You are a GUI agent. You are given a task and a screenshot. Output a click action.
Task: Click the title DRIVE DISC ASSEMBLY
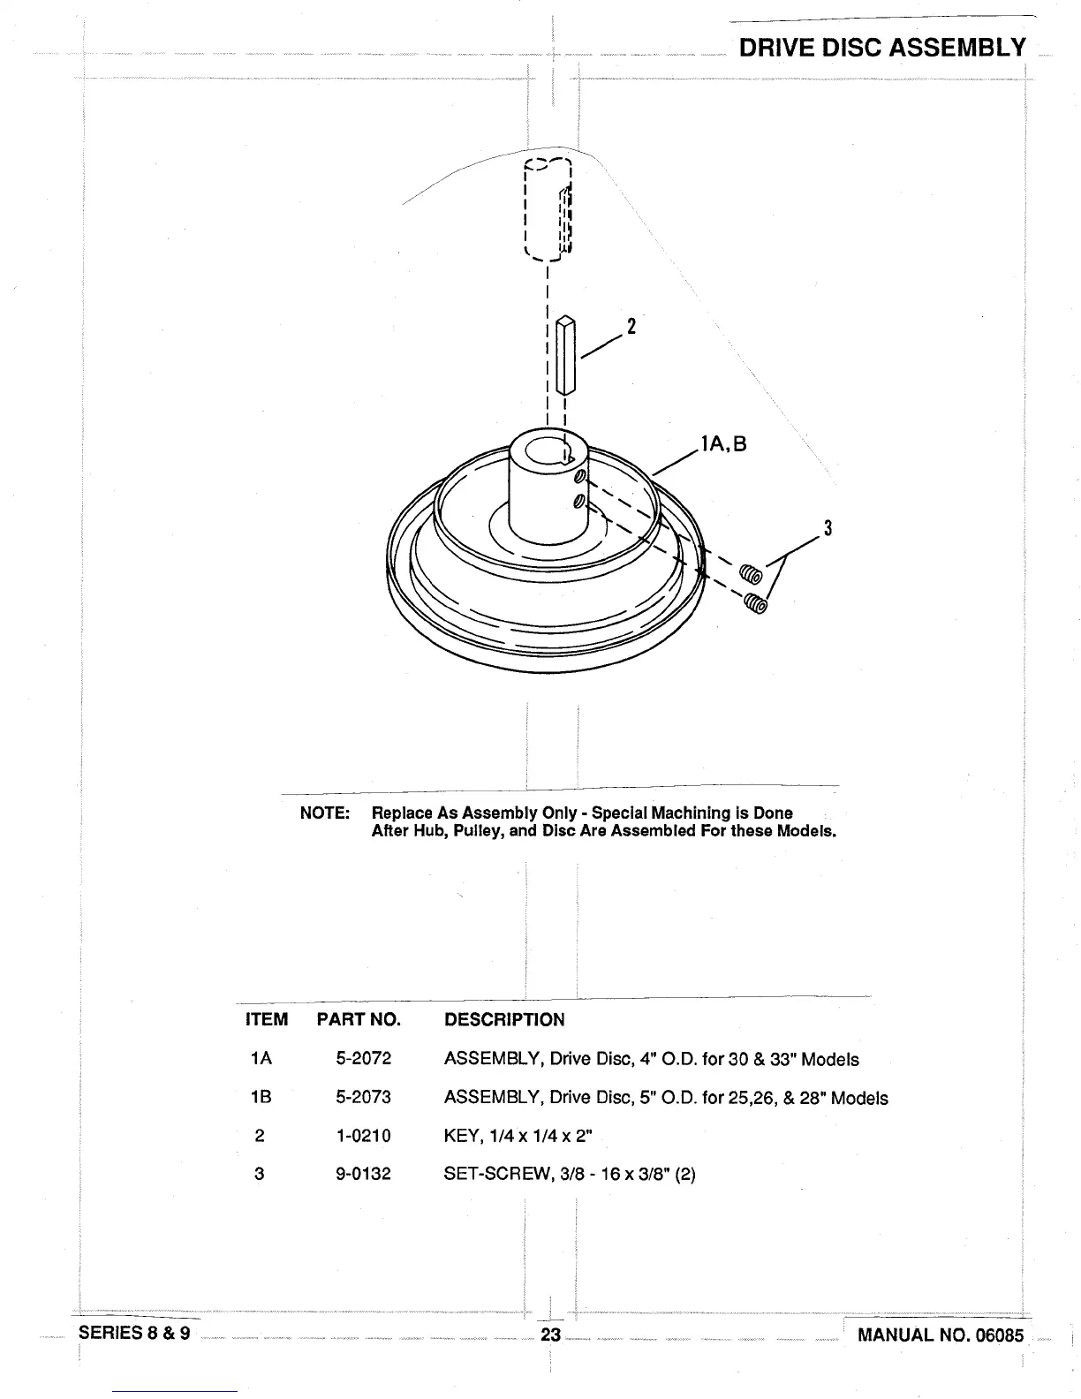click(882, 48)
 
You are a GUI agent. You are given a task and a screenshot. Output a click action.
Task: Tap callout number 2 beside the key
click(631, 326)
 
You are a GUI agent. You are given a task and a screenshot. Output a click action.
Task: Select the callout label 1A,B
click(723, 443)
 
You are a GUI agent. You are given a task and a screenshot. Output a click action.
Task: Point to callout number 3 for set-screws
click(828, 529)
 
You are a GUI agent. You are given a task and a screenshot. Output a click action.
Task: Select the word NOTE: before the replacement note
click(325, 813)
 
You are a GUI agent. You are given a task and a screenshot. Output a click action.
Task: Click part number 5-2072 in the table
click(363, 1058)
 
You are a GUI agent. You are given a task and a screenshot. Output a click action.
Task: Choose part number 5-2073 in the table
click(363, 1097)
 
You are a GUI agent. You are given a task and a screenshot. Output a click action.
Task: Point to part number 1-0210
click(363, 1135)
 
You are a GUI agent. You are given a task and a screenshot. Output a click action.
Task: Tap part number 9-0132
click(363, 1174)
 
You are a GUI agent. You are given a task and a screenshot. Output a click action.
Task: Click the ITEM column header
click(266, 1019)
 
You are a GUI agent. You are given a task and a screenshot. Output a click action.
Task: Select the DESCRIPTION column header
click(503, 1019)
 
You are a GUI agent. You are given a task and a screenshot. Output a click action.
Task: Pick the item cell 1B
click(261, 1097)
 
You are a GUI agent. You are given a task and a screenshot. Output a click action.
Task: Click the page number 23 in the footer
click(550, 1335)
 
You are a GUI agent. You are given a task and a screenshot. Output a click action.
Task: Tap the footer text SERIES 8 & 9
click(134, 1333)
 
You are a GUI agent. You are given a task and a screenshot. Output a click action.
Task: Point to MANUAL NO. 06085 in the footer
click(940, 1335)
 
